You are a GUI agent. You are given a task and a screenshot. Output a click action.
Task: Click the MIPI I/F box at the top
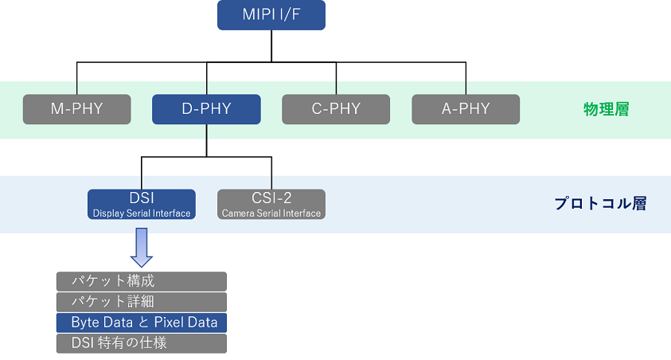[271, 15]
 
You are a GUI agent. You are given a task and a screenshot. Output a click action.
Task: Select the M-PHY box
[77, 109]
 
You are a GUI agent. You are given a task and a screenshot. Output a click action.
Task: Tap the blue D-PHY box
[206, 109]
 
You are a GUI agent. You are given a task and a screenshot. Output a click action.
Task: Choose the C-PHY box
[336, 109]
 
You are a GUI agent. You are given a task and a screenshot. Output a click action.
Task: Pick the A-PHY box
[466, 109]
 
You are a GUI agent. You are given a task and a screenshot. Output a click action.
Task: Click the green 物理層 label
[607, 110]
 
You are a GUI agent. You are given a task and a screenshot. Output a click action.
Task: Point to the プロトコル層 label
[600, 203]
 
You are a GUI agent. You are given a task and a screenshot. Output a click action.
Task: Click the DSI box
[142, 204]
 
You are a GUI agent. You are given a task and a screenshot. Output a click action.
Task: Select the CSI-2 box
[271, 204]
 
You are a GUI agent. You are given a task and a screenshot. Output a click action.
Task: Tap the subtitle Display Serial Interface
[142, 213]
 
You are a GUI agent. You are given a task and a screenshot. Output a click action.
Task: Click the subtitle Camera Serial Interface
[271, 213]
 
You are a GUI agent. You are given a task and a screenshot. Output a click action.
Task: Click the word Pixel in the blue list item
[167, 322]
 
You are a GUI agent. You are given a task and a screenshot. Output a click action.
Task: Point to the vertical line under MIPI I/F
[271, 46]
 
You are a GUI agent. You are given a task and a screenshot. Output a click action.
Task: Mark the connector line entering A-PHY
[466, 78]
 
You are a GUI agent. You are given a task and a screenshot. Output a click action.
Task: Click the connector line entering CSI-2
[271, 174]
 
